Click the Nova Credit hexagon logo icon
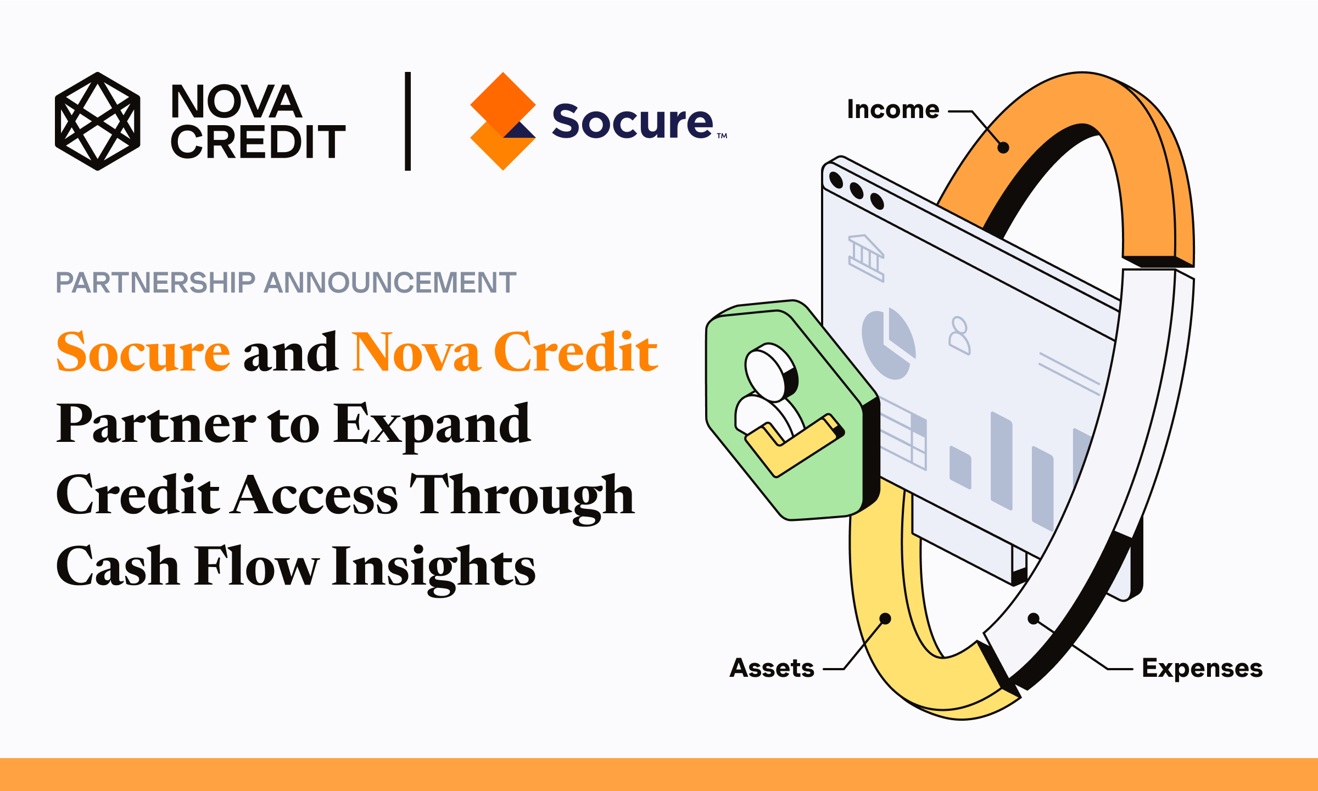98,121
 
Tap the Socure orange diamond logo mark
503,121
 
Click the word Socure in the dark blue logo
633,121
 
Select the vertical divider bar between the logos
407,121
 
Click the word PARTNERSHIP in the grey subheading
156,283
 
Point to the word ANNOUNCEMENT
390,283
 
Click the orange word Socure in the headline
143,352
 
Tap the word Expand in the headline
433,425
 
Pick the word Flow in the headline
257,566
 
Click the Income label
893,109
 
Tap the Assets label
772,668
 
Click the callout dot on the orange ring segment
1003,148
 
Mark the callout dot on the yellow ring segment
885,619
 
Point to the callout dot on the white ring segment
1034,619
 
